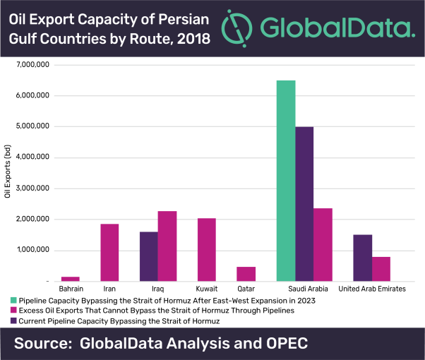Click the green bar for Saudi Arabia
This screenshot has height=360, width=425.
(286, 181)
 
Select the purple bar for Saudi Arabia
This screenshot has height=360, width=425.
(304, 204)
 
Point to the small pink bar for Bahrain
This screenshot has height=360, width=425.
(71, 278)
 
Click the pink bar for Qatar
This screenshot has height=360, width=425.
(246, 273)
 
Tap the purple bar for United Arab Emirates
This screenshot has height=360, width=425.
(362, 258)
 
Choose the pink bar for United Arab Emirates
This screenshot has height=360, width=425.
(381, 268)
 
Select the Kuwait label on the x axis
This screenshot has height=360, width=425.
(208, 289)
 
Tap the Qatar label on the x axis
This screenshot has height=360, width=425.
(246, 289)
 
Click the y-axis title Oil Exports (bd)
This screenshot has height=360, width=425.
(8, 173)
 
